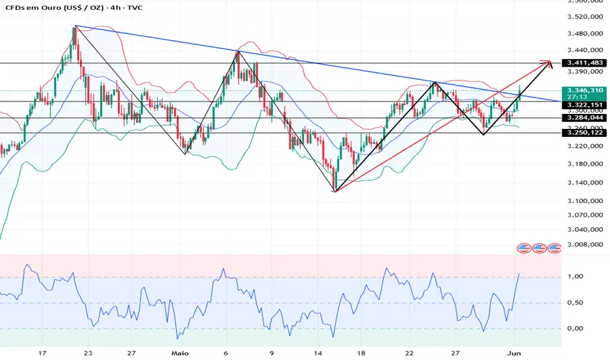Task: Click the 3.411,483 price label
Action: pyautogui.click(x=585, y=63)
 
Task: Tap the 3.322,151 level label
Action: pyautogui.click(x=585, y=105)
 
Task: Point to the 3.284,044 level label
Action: pyautogui.click(x=585, y=118)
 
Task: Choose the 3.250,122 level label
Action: pyautogui.click(x=585, y=133)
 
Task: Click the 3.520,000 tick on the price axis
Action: pyautogui.click(x=585, y=17)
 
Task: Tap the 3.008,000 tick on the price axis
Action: pyautogui.click(x=585, y=245)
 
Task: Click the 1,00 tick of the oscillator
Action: pyautogui.click(x=575, y=277)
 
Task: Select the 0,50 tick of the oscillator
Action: pyautogui.click(x=575, y=302)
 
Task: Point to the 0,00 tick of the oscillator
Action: pyautogui.click(x=575, y=328)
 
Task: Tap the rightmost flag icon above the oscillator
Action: pyautogui.click(x=554, y=248)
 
